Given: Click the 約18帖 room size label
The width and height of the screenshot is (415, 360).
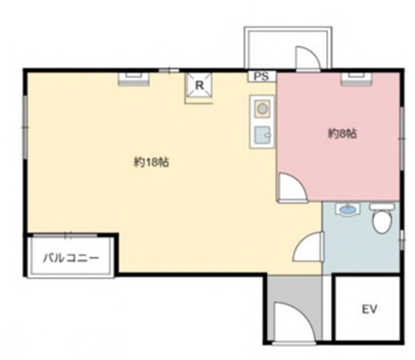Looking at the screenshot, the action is pos(151,162).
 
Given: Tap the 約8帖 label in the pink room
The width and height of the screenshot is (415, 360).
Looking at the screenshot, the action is pos(342,134).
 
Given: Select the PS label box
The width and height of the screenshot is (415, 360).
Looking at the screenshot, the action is pos(261,77).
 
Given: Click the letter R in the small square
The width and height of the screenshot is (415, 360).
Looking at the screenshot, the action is pos(199,86).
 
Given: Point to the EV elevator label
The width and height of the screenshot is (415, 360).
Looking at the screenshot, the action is pos(369,309).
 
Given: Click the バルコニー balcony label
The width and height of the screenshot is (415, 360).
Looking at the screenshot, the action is pos(71,258).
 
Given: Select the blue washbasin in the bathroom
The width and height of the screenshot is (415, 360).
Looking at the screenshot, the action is pos(347,210).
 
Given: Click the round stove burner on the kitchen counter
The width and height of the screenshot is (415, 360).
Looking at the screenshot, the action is pos(262,108).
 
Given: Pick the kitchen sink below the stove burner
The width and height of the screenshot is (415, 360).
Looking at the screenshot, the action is pos(262,135).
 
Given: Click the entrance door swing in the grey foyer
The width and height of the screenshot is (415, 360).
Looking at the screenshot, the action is pos(295,322).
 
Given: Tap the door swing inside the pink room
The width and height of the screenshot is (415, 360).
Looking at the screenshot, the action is pos(293,187).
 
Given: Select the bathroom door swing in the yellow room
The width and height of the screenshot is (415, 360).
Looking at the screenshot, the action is pos(308,247).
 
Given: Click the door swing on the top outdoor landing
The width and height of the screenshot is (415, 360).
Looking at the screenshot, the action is pos(308,58).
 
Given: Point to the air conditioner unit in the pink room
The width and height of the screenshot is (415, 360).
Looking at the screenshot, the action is pos(356,79).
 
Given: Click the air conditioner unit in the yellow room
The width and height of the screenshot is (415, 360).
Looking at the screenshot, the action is pos(133,79).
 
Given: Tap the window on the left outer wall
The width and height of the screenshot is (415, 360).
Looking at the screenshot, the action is pos(25,127).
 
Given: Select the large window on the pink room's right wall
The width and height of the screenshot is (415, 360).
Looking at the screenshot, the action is pos(402,138).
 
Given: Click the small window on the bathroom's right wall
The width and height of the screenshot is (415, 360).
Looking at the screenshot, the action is pos(402,240).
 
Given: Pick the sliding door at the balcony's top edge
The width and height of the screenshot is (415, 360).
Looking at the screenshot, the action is pos(66,235).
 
